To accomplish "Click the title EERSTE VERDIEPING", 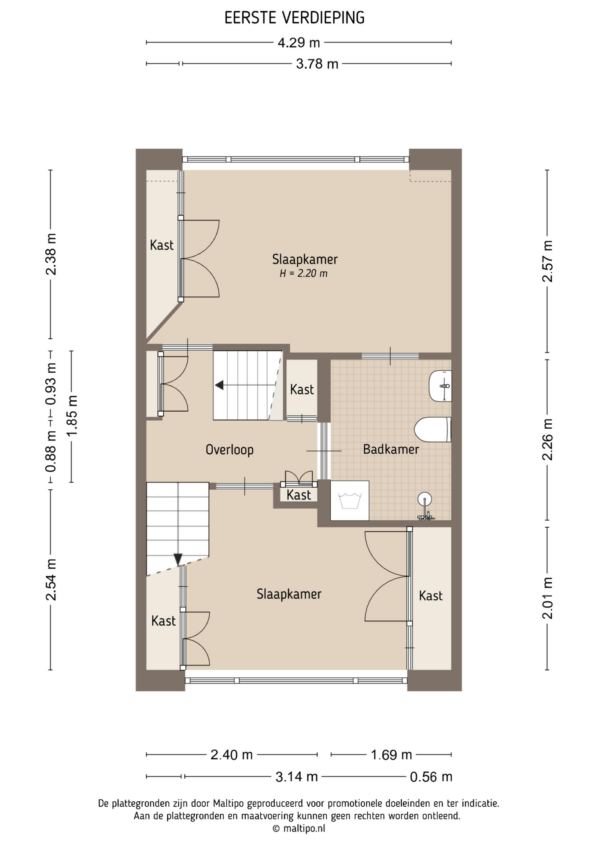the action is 295,18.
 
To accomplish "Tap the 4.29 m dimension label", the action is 299,43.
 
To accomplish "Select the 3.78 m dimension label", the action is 317,64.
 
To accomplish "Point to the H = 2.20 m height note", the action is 303,273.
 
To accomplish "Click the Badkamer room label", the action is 391,449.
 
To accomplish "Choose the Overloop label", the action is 229,450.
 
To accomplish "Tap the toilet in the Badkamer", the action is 433,429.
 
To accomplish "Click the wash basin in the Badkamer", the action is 440,386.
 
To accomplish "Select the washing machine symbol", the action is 350,500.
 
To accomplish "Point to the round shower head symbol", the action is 425,500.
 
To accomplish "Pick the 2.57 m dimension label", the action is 547,261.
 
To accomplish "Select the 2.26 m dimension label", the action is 547,439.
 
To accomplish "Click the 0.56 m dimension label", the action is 431,777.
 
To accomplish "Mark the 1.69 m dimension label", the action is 391,755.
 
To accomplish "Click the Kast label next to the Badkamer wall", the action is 302,389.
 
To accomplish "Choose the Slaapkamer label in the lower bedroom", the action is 289,594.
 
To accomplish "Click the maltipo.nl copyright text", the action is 299,828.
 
